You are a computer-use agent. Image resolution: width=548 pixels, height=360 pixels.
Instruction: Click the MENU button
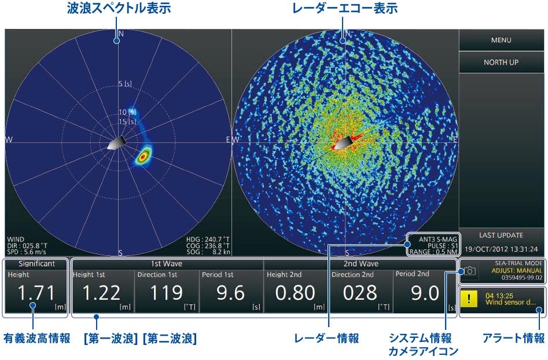point(501,41)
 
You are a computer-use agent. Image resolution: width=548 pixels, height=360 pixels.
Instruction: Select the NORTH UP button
point(501,63)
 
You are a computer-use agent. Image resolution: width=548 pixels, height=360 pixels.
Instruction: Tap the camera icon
point(470,270)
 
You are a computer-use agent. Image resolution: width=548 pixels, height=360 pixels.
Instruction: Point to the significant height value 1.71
point(35,293)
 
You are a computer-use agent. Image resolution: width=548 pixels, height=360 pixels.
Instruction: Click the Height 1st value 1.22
point(101,293)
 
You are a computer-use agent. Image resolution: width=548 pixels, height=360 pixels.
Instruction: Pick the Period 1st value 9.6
point(230,293)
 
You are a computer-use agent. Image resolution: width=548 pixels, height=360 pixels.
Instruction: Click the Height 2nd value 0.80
point(295,293)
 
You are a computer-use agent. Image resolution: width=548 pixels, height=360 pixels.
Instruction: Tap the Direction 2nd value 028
point(360,293)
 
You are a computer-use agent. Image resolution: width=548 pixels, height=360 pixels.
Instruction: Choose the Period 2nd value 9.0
point(424,293)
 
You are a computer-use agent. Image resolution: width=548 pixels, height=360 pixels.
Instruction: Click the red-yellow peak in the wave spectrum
point(143,156)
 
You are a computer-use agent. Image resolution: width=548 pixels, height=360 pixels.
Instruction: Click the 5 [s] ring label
point(125,85)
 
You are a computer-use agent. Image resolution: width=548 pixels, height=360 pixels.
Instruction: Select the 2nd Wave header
point(360,263)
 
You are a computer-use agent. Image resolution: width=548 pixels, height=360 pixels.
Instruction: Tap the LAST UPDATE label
point(501,236)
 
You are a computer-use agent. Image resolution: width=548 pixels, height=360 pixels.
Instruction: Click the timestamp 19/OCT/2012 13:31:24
point(501,249)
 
